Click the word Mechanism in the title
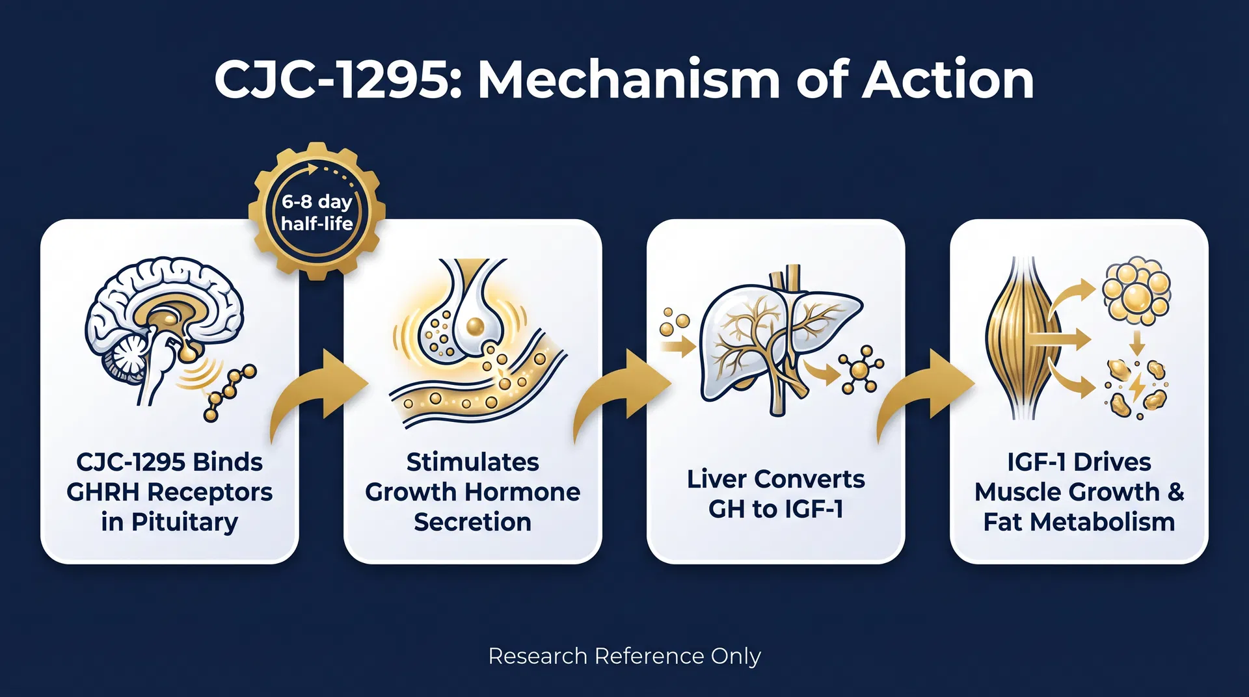coord(629,80)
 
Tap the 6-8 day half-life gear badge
coord(317,212)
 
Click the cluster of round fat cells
coord(1136,290)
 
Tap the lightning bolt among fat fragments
coord(1137,388)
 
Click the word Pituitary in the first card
coord(185,522)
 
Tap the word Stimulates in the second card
coord(472,462)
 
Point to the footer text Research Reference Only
coord(624,656)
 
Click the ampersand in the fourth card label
coord(1175,492)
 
